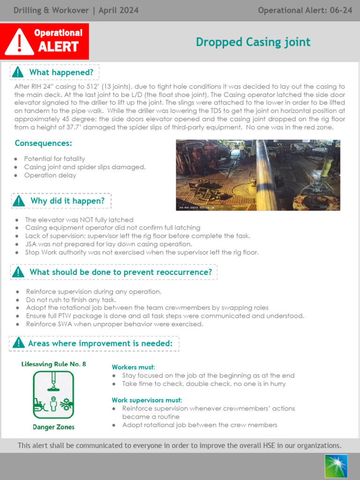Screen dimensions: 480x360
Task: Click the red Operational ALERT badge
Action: click(x=45, y=41)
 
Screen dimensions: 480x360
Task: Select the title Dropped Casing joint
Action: click(x=253, y=42)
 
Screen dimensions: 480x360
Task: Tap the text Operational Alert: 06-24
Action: click(x=305, y=10)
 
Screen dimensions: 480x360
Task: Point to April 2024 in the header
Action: click(x=119, y=10)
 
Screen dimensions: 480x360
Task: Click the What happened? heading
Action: click(x=61, y=72)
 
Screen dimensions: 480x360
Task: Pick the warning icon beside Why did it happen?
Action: click(x=19, y=201)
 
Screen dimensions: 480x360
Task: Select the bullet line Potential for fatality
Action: click(x=54, y=159)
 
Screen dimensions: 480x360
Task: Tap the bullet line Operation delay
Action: click(x=50, y=175)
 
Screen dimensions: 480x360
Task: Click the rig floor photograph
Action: click(x=258, y=175)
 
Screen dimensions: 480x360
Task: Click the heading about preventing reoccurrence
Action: click(x=120, y=272)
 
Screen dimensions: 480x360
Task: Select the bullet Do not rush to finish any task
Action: click(x=71, y=300)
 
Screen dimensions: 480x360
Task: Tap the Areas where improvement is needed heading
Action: click(x=100, y=344)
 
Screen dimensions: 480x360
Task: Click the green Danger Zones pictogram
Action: click(x=53, y=395)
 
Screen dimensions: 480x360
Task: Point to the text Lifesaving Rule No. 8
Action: click(x=53, y=364)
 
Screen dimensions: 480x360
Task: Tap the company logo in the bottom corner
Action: click(x=336, y=466)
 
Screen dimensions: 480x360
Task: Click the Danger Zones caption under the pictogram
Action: click(x=53, y=427)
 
